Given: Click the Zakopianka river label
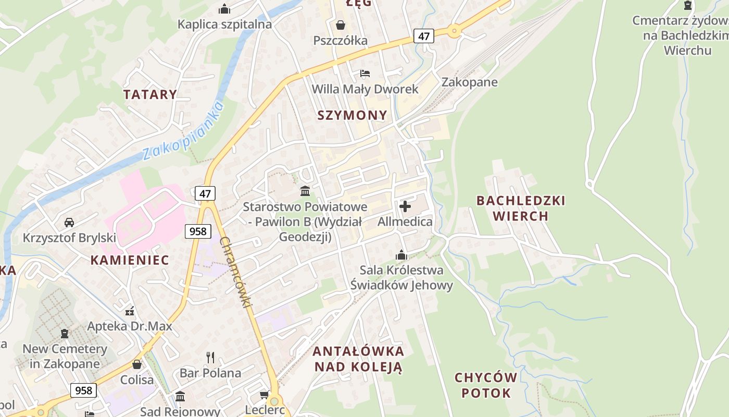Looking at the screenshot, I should tap(183, 130).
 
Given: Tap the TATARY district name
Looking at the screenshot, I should tap(150, 94).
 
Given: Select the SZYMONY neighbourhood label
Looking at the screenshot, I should tap(353, 115).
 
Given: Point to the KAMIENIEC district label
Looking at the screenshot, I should tap(130, 260).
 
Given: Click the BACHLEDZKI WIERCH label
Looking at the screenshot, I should tap(520, 208).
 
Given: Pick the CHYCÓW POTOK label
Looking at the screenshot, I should tap(486, 385).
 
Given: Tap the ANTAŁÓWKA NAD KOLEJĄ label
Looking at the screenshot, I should tap(358, 359).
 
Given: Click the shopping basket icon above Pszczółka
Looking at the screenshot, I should tap(341, 24).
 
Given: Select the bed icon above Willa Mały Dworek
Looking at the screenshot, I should tap(365, 73).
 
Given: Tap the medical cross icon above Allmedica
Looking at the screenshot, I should tap(405, 206).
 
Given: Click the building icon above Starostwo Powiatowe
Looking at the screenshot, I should tap(305, 191).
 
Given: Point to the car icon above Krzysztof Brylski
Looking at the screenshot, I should tap(69, 223).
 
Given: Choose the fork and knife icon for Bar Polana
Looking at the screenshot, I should tap(210, 357).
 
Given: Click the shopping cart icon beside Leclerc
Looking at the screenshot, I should tap(264, 395).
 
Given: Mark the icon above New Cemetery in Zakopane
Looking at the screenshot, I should tap(65, 333).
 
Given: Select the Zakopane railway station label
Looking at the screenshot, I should tap(469, 82).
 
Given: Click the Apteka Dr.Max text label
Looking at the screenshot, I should tap(130, 326).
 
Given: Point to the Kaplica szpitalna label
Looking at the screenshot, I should tap(224, 24).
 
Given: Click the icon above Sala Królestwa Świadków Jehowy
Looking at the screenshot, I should tap(401, 255).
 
